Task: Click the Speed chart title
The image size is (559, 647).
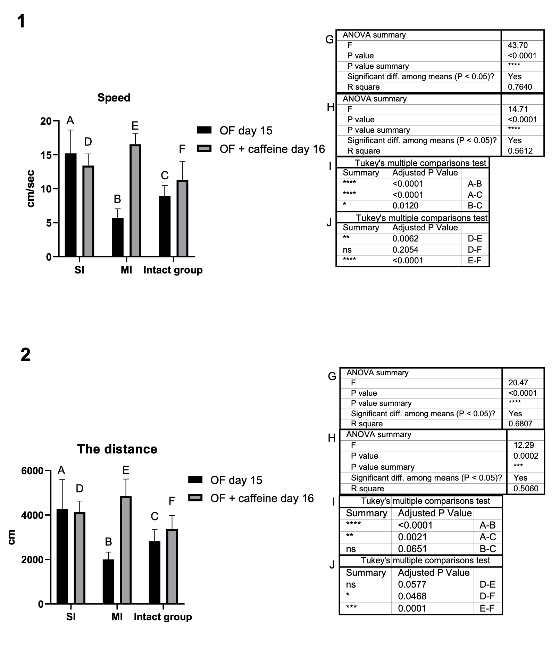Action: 114,98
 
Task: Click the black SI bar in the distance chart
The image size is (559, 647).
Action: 62,556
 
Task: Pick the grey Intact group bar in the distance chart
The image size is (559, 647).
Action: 172,566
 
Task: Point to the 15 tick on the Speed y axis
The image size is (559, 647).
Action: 46,155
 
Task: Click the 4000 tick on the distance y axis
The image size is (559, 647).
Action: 32,515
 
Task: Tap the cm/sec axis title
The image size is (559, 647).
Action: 31,188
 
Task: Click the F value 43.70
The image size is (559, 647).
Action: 518,46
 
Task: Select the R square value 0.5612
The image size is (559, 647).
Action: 520,151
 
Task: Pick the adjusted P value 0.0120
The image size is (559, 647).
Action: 405,206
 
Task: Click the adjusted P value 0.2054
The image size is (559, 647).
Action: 405,250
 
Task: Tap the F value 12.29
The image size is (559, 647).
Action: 524,445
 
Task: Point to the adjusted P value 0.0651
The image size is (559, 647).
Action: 412,549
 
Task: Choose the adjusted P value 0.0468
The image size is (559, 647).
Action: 412,596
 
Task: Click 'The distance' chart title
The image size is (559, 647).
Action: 117,449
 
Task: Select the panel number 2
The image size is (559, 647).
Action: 25,355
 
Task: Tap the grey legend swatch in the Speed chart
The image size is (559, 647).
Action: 204,149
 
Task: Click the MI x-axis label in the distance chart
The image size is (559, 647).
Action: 117,617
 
